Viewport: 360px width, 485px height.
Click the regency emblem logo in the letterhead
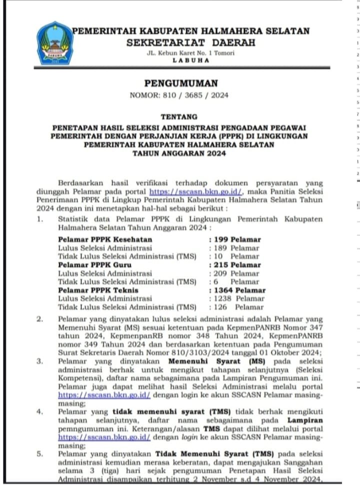pos(55,43)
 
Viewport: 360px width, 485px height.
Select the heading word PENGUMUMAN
pos(181,83)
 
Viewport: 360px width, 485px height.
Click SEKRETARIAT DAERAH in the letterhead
pos(191,43)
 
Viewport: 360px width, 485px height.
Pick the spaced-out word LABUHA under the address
pos(190,60)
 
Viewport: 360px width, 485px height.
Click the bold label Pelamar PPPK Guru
pos(95,265)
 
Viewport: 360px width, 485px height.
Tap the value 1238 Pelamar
pos(239,298)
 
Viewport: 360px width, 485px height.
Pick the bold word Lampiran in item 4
pos(305,420)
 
